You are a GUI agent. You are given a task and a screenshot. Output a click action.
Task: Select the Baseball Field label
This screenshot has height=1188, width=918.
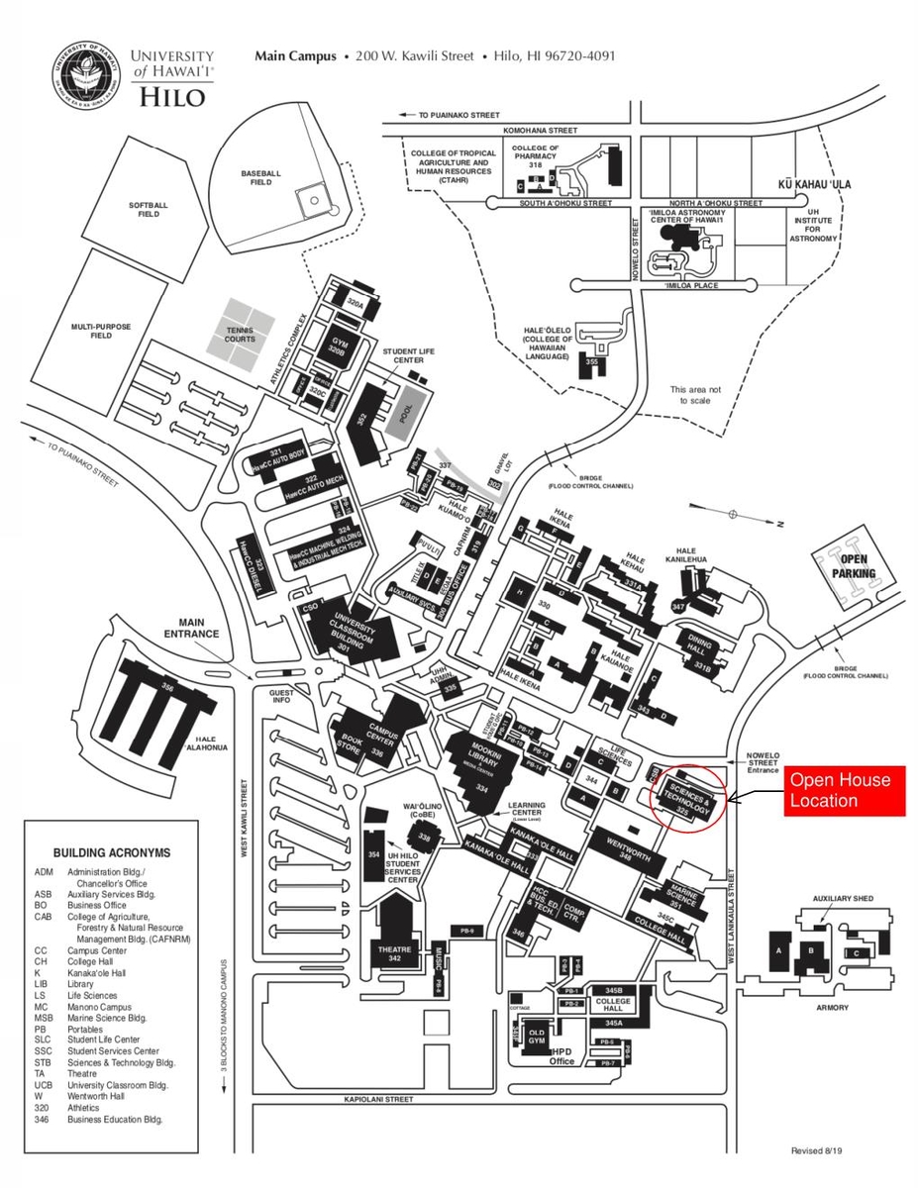[x=261, y=177]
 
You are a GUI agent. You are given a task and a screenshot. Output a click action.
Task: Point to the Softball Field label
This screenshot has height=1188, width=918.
[x=149, y=209]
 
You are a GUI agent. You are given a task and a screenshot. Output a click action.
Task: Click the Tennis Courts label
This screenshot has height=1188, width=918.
[x=240, y=335]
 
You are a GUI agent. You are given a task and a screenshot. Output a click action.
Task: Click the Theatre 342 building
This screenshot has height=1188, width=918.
[x=395, y=953]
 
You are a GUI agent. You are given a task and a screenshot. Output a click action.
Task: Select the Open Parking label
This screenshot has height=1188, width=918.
[x=854, y=566]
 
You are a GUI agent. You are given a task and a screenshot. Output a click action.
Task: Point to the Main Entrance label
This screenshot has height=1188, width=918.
[x=191, y=628]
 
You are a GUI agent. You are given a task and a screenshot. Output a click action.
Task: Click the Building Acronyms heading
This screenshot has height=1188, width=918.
[x=112, y=852]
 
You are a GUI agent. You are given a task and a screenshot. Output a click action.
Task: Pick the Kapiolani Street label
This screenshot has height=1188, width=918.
[x=378, y=1099]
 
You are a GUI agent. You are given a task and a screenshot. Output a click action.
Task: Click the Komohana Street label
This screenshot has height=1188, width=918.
[x=540, y=130]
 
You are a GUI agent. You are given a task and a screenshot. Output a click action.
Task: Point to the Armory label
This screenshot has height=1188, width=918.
[x=832, y=1008]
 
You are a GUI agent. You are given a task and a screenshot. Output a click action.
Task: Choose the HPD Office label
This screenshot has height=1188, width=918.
[x=562, y=1056]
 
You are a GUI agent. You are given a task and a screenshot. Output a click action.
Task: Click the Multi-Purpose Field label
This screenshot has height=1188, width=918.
[x=100, y=331]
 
